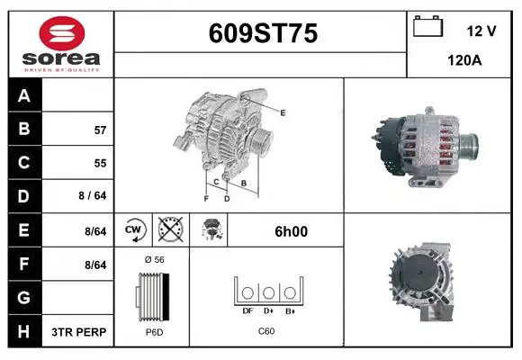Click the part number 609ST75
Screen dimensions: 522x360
(x=263, y=33)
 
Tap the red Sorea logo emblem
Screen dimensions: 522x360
(x=62, y=33)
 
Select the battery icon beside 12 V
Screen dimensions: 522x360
(x=427, y=26)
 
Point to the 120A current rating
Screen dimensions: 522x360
(x=464, y=60)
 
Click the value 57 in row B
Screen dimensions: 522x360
(x=100, y=130)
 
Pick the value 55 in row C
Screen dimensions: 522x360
(x=100, y=163)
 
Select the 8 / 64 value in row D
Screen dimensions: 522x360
(x=93, y=195)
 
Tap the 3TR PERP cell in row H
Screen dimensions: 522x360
(x=79, y=332)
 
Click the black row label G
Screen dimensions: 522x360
(x=24, y=298)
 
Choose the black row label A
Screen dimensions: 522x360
(x=24, y=95)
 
